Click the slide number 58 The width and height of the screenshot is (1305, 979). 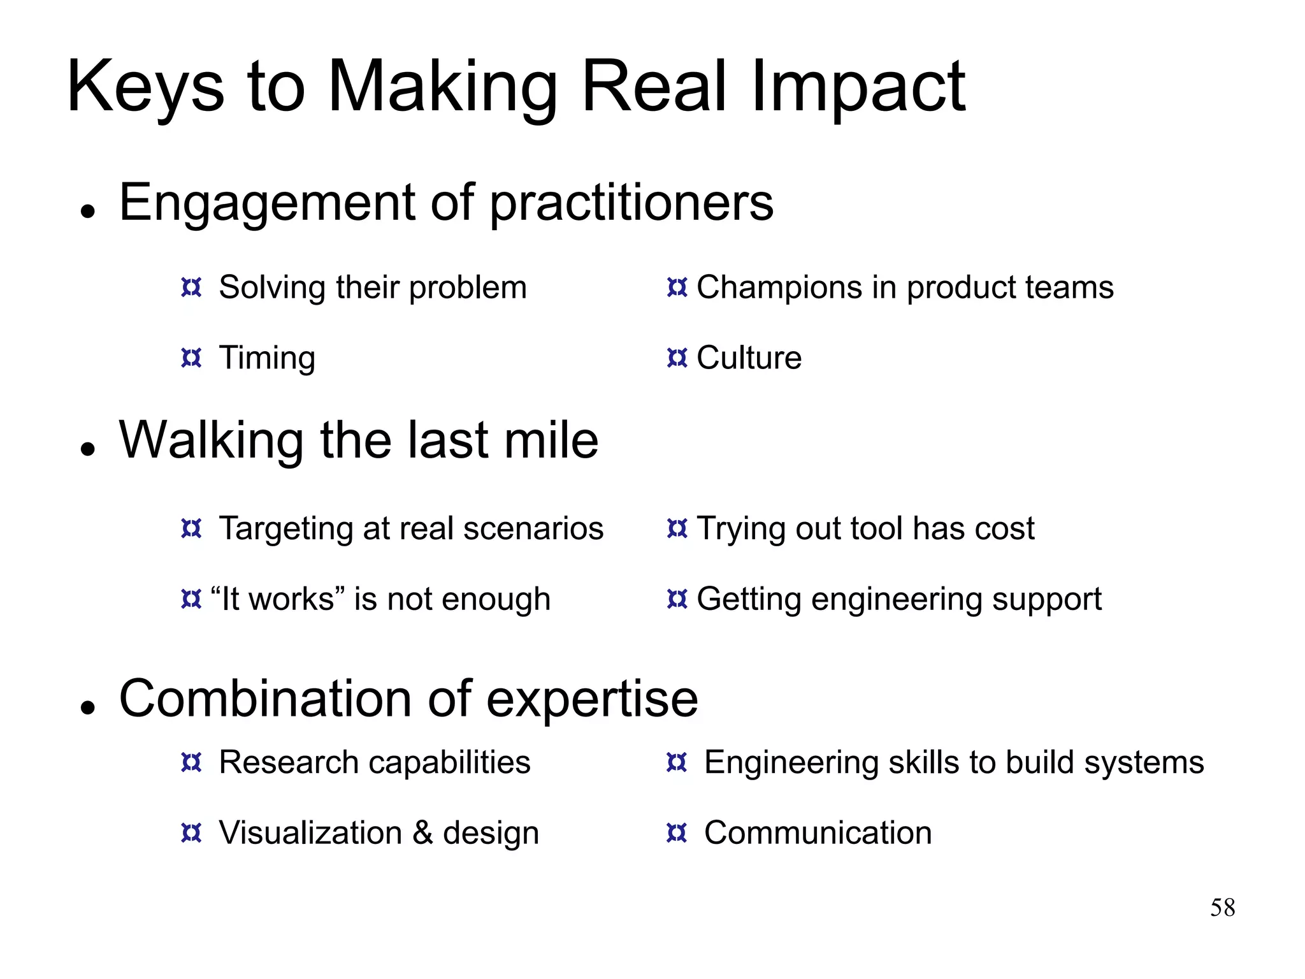pyautogui.click(x=1222, y=908)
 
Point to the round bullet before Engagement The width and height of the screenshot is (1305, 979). pyautogui.click(x=88, y=211)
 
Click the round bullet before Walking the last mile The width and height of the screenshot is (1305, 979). pyautogui.click(x=88, y=449)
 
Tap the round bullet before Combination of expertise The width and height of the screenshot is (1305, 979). pyautogui.click(x=88, y=707)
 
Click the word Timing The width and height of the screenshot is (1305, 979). pyautogui.click(x=267, y=358)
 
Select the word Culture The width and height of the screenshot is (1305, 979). pyautogui.click(x=749, y=358)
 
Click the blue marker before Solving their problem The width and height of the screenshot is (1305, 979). pyautogui.click(x=191, y=287)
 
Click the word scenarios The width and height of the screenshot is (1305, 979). pyautogui.click(x=533, y=528)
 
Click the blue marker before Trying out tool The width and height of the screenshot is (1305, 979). pyautogui.click(x=677, y=528)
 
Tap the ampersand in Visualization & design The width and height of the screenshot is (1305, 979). pyautogui.click(x=422, y=832)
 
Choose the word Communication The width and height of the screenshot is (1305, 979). pyautogui.click(x=818, y=832)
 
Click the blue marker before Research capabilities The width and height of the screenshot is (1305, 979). pyautogui.click(x=191, y=762)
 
